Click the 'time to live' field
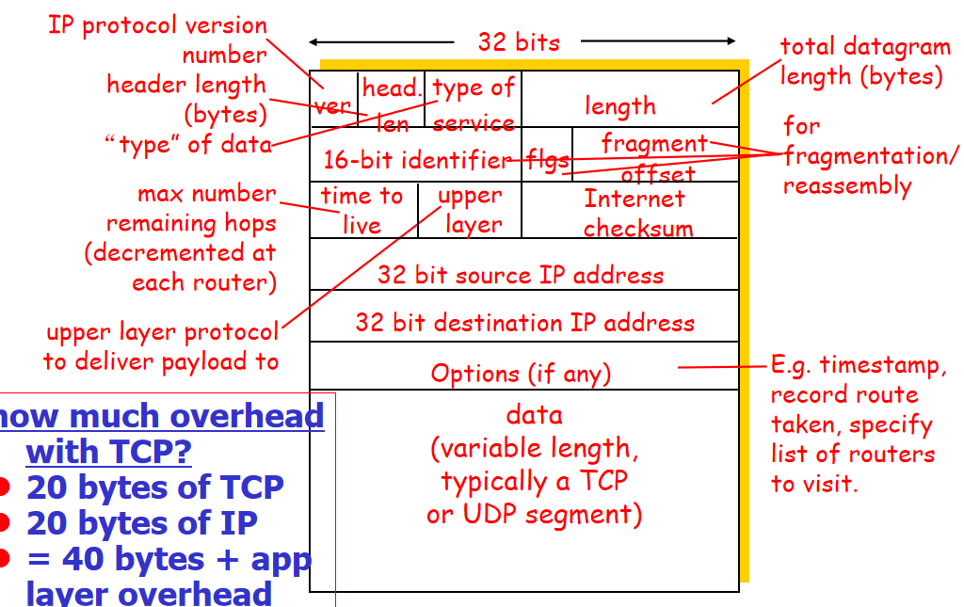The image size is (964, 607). [x=362, y=210]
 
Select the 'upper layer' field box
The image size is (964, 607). [x=470, y=210]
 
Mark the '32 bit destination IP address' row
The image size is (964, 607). [x=524, y=323]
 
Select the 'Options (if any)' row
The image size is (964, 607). [x=521, y=373]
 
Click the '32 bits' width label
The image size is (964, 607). [x=519, y=41]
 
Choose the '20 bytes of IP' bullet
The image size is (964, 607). [x=141, y=523]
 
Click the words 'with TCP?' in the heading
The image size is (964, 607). [x=108, y=452]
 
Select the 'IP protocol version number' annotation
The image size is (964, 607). [x=158, y=40]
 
